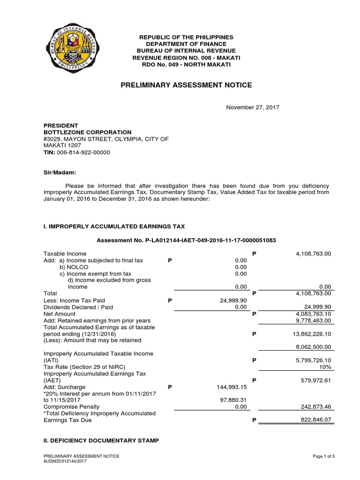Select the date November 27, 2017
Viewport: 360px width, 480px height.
[253, 107]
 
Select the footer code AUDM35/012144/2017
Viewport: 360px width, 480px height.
[66, 461]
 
